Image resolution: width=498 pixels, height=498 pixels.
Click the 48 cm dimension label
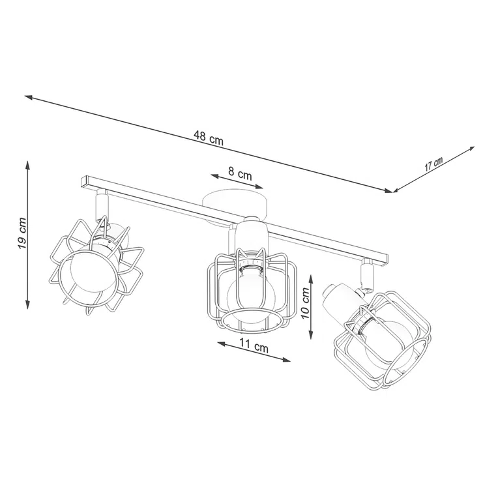click(208, 137)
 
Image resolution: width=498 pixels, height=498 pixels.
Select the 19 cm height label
click(22, 233)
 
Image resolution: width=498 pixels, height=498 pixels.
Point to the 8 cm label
click(241, 173)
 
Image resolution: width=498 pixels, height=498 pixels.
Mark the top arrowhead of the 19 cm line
click(27, 164)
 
